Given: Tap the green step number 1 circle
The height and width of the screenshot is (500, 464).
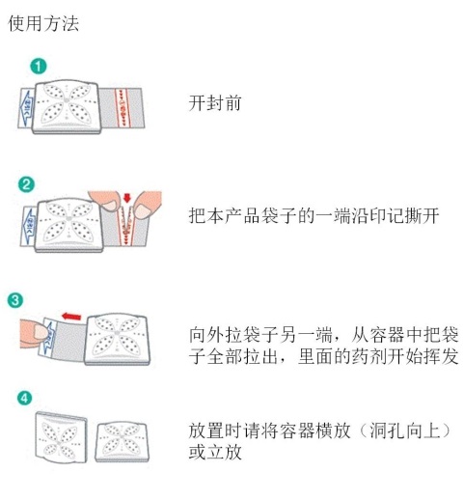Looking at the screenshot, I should pos(36,67).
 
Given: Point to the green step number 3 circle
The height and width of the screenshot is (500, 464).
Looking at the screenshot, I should pos(14,299).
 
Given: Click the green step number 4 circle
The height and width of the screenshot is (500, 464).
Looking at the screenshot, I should pos(25,397).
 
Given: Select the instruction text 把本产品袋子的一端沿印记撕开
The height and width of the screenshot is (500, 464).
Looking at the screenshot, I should pos(314,216).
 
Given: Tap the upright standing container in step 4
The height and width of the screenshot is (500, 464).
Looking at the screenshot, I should pos(60,439).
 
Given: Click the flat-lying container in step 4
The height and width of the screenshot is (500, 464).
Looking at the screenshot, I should pos(121,441).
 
